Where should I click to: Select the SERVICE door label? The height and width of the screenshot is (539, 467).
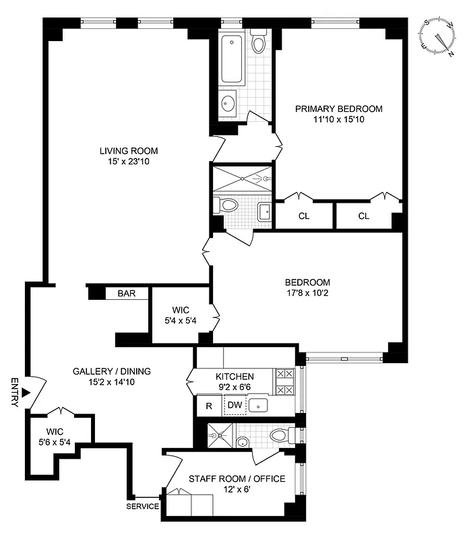(143, 506)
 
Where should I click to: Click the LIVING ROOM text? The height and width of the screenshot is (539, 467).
(129, 150)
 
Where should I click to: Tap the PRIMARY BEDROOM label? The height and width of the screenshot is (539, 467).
(339, 108)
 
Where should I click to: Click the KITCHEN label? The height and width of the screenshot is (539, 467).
(235, 376)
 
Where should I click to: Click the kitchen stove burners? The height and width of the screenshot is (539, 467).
(284, 381)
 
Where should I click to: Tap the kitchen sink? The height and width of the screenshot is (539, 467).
(259, 405)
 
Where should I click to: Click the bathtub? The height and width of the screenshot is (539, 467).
(232, 61)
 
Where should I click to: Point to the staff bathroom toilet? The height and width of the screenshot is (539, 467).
(280, 436)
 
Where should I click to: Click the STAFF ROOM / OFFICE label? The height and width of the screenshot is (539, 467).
(237, 478)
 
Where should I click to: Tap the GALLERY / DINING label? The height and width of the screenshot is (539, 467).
(112, 371)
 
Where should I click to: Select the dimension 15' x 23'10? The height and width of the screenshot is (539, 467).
(129, 161)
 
